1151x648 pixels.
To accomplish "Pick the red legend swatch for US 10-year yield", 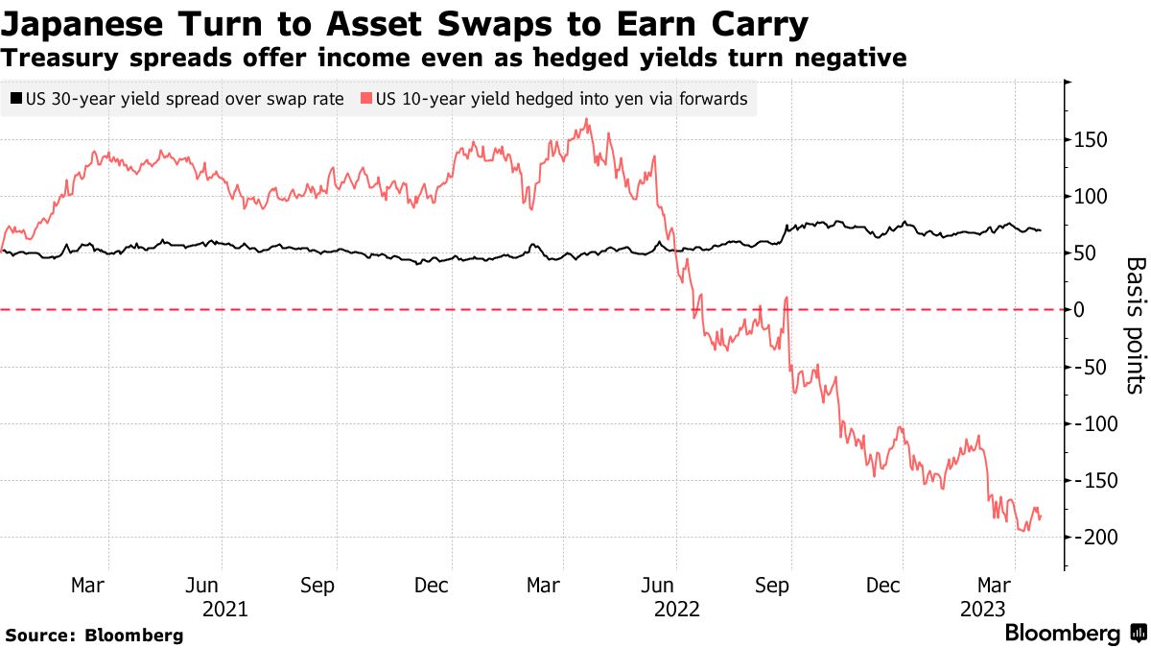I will pyautogui.click(x=365, y=99).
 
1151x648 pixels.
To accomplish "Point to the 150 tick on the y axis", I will pyautogui.click(x=1089, y=140).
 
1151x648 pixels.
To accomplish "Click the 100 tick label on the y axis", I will pyautogui.click(x=1089, y=197).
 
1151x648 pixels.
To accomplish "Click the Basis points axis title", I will pyautogui.click(x=1134, y=325).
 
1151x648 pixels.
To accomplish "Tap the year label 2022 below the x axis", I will pyautogui.click(x=675, y=609).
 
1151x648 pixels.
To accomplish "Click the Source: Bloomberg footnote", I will pyautogui.click(x=94, y=635).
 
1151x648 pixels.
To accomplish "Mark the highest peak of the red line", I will pyautogui.click(x=586, y=120).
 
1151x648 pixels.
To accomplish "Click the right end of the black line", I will pyautogui.click(x=1041, y=230).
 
